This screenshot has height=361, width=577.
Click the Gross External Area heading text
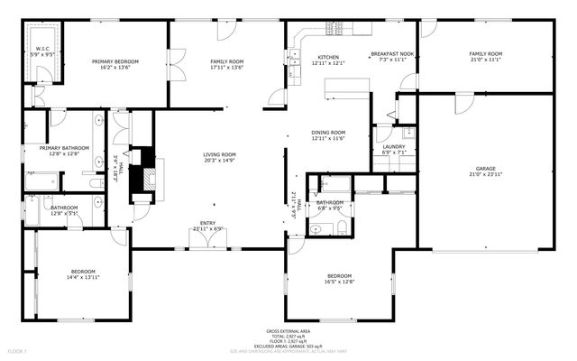pyautogui.click(x=288, y=331)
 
